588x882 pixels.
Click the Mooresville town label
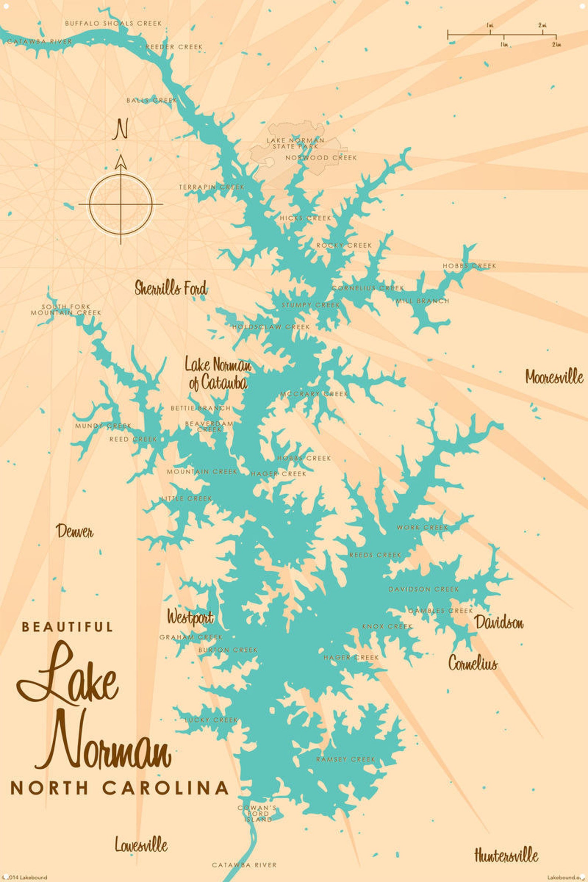(554, 377)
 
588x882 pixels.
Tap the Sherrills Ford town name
(171, 288)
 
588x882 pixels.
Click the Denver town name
(74, 531)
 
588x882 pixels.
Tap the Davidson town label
(499, 622)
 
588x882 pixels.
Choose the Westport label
(190, 617)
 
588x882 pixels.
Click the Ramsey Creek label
(345, 759)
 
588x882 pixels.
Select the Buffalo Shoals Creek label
(113, 23)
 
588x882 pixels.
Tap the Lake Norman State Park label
(295, 143)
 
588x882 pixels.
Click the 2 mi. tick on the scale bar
(542, 30)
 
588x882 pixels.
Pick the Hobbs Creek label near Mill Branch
(469, 266)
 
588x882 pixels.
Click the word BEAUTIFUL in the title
(67, 627)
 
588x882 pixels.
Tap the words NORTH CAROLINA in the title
(119, 788)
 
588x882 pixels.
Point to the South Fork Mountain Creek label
(66, 310)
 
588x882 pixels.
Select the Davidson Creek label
(423, 589)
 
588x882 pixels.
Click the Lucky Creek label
(211, 720)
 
